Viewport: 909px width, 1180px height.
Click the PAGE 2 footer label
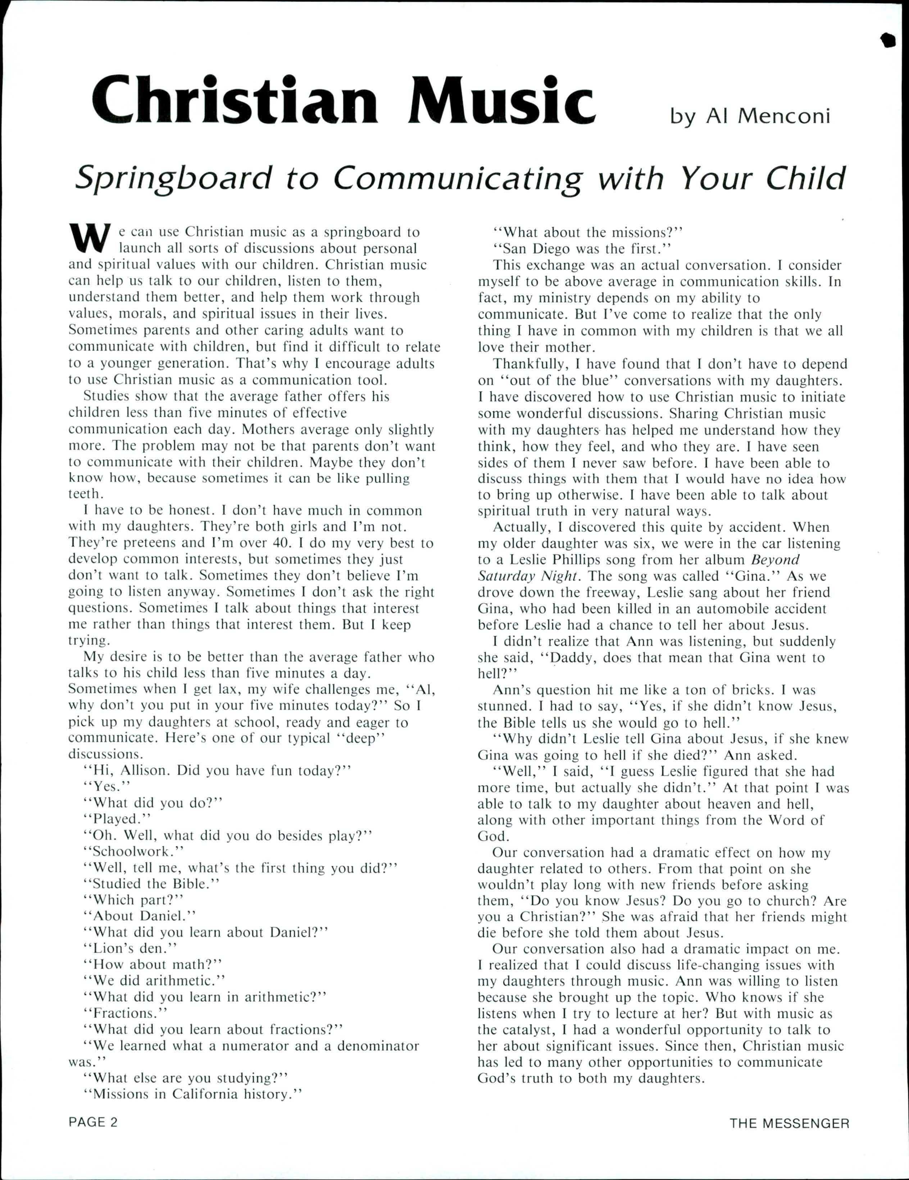click(93, 1122)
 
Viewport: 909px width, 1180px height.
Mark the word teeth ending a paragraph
click(84, 494)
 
